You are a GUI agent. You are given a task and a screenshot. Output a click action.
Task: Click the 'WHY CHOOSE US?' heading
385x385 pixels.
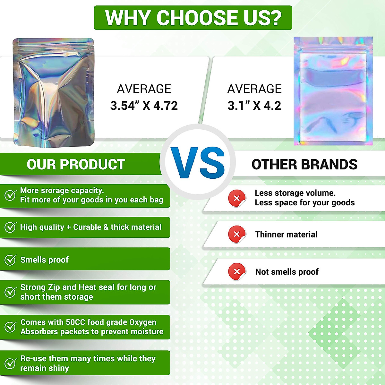tap(193, 18)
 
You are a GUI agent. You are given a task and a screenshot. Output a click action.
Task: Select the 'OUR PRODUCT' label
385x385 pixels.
tap(76, 165)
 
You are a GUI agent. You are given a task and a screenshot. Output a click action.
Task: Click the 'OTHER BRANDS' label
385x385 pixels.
tap(304, 165)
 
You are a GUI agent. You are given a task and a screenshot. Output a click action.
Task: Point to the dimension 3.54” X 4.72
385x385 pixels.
tap(144, 106)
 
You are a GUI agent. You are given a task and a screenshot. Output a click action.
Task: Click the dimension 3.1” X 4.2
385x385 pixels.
tap(254, 106)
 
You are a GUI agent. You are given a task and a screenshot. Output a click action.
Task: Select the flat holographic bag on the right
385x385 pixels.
tap(333, 91)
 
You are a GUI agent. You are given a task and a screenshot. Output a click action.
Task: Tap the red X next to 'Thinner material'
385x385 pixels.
tap(237, 234)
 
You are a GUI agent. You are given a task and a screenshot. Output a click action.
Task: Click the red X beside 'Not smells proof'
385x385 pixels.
tap(237, 271)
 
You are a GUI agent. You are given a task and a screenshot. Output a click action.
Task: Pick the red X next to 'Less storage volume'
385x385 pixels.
tap(237, 198)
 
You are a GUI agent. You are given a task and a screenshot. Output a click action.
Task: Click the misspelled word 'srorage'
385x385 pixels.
tap(54, 191)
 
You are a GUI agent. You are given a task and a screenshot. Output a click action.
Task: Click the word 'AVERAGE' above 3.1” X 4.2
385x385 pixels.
tap(254, 89)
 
